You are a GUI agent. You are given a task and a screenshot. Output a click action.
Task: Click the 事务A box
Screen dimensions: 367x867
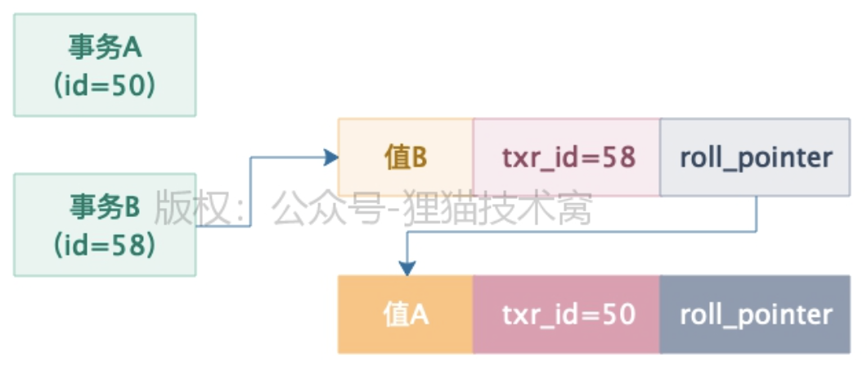point(105,65)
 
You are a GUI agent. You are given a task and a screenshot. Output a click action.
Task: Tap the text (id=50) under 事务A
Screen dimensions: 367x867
point(105,86)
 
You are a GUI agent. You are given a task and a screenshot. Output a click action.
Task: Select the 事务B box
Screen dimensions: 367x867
point(105,224)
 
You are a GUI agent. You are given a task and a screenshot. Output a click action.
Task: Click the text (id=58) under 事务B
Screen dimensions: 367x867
point(105,244)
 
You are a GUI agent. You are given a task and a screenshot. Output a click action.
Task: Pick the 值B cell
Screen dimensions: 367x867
point(406,157)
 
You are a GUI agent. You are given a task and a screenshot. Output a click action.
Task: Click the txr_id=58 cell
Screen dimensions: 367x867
point(566,157)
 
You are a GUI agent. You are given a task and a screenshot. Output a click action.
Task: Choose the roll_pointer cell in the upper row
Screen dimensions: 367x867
point(755,157)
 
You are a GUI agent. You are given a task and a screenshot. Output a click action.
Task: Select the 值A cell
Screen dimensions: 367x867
point(406,315)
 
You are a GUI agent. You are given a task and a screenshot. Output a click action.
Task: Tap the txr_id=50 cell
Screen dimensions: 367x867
point(566,315)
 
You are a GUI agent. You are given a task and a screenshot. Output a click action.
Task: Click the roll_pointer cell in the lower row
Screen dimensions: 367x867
point(755,315)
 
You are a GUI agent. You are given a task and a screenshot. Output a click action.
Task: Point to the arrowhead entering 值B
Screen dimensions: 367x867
point(330,157)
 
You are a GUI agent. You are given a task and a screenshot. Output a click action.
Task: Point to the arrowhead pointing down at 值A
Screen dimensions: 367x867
point(407,268)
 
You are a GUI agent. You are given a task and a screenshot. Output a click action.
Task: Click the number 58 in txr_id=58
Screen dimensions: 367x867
point(619,157)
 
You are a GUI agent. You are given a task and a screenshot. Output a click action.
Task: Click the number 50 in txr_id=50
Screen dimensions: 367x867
point(619,315)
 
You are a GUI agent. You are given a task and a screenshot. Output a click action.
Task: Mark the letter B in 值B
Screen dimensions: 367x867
point(418,157)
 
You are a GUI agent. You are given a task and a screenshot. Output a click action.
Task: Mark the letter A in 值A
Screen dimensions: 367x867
point(418,315)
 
